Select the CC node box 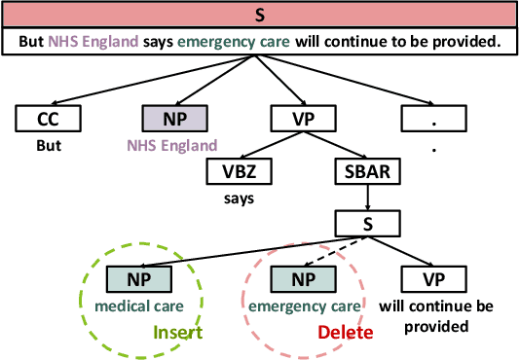click(x=48, y=119)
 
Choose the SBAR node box click(x=368, y=171)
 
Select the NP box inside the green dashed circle click(x=137, y=279)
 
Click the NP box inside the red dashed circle click(x=304, y=279)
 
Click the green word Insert click(x=176, y=332)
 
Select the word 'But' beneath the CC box click(x=48, y=145)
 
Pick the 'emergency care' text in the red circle click(x=304, y=306)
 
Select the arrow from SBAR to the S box click(x=368, y=198)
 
